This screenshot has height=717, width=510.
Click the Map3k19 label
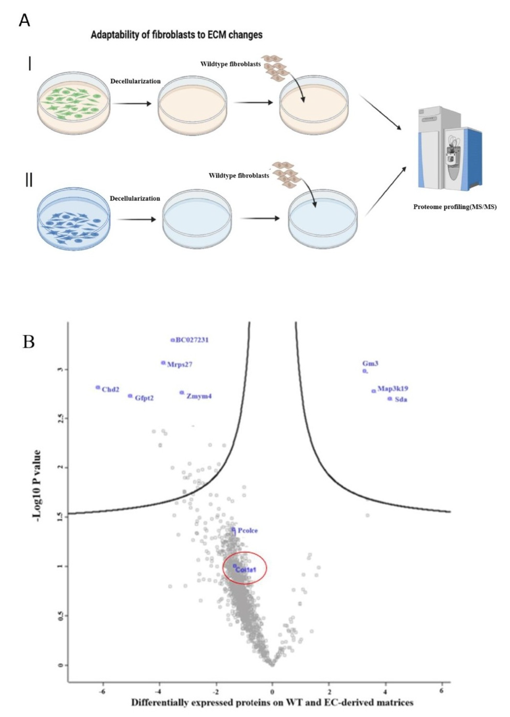tap(393, 389)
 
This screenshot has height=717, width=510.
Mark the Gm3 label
tap(370, 364)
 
